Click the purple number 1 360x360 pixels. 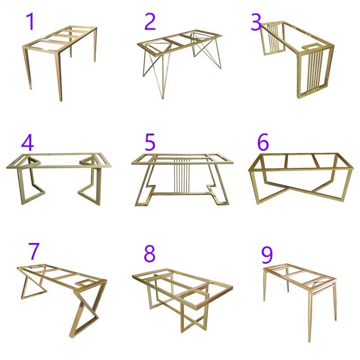pos(30,22)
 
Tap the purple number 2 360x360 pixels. pos(150,22)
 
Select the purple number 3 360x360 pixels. pos(256,22)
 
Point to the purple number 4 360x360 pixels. pos(27,143)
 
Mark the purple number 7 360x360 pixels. pos(34,252)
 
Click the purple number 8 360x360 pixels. pos(149,254)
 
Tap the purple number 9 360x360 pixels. pos(267,256)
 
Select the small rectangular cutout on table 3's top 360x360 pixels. pos(310,46)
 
